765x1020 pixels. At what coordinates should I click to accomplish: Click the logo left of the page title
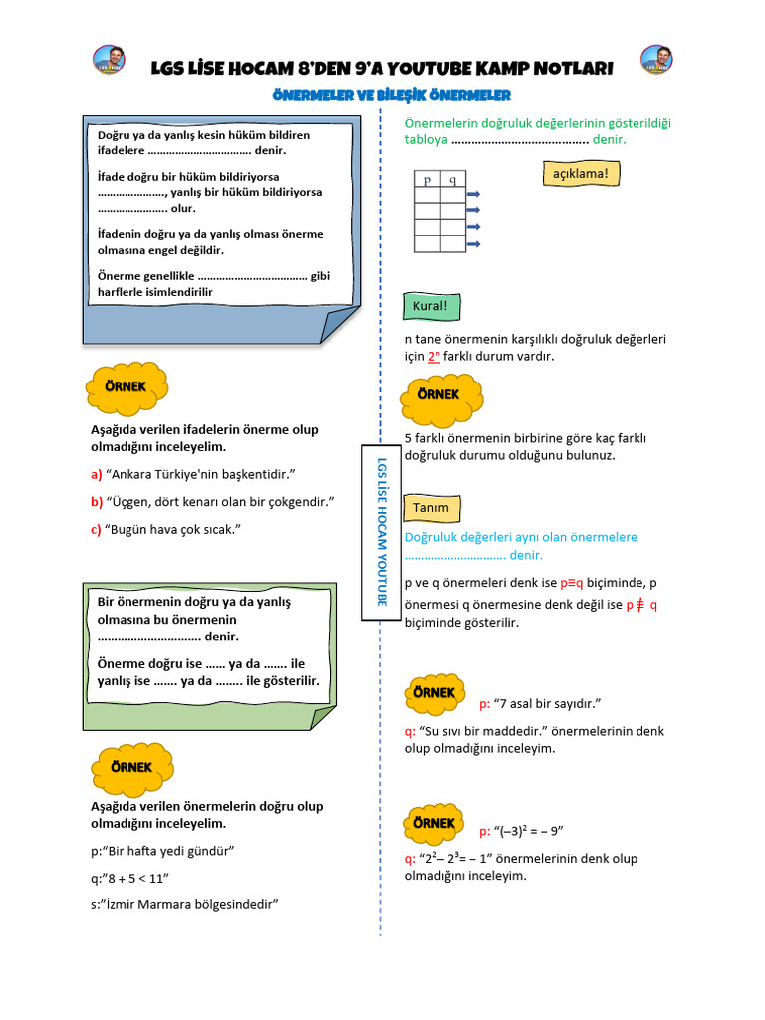[x=109, y=59]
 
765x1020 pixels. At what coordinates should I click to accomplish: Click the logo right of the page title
[x=656, y=59]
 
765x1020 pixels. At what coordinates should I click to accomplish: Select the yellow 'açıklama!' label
[x=580, y=174]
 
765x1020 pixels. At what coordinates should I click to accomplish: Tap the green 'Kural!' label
[x=430, y=306]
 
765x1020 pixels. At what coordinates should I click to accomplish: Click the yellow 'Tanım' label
[x=430, y=508]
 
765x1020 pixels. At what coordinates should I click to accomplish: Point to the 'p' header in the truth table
[x=427, y=180]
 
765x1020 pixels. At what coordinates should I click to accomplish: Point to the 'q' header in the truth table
[x=453, y=180]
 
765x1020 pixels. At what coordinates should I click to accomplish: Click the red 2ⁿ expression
[x=433, y=356]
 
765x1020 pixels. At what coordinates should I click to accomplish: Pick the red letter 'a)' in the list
[x=96, y=474]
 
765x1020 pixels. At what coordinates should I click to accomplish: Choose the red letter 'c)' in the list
[x=96, y=529]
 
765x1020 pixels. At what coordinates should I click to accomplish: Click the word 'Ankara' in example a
[x=135, y=474]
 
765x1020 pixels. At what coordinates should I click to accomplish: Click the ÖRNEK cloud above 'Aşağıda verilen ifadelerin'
[x=127, y=387]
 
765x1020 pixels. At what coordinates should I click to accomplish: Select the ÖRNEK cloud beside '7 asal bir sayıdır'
[x=434, y=693]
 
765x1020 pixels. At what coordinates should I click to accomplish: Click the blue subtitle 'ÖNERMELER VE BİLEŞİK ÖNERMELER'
[x=391, y=95]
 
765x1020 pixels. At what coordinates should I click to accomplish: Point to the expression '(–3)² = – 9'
[x=534, y=831]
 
